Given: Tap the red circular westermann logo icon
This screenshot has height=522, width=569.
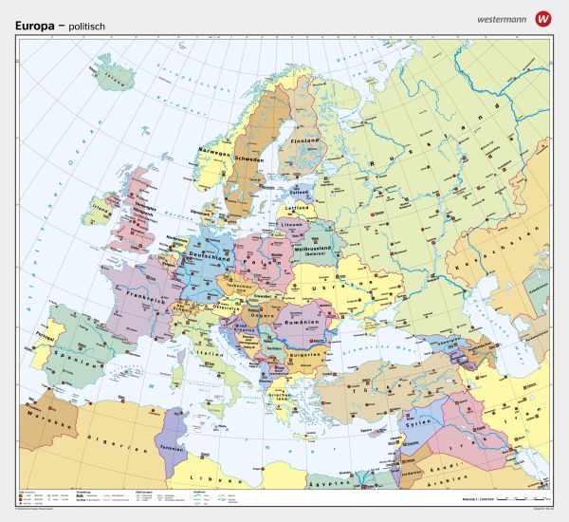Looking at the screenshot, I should [542, 17].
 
